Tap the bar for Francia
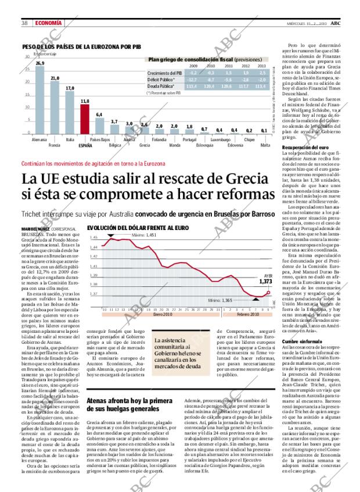click(55, 108)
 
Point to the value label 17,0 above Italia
click(70, 88)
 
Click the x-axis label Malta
click(265, 145)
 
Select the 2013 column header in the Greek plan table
click(262, 66)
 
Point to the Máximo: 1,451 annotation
click(142, 235)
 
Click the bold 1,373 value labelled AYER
click(265, 281)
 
